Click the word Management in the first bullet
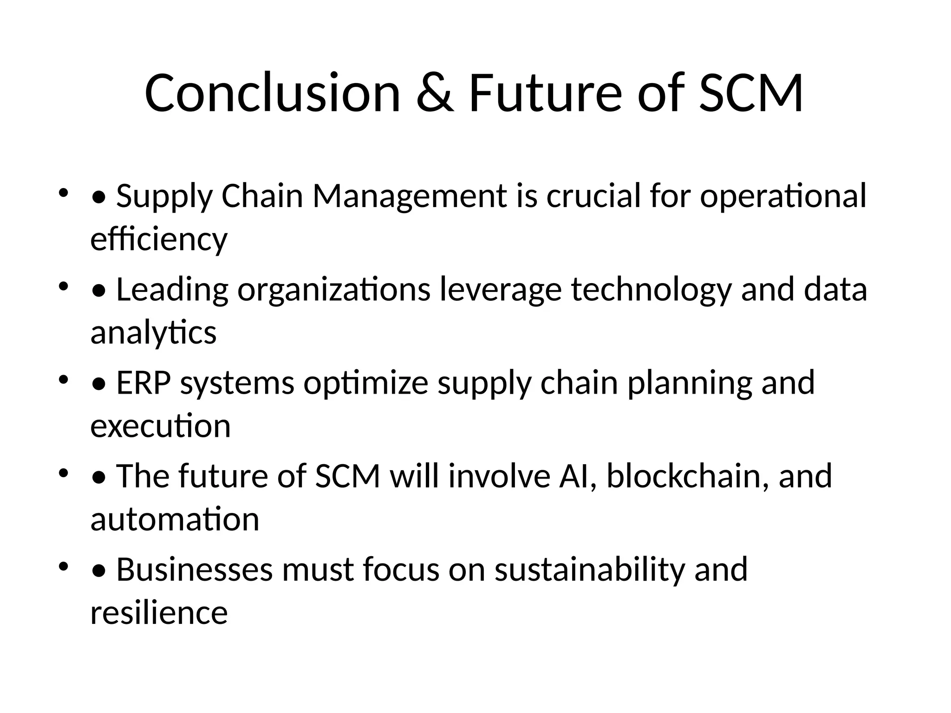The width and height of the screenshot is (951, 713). pos(409,196)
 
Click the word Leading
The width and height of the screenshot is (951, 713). pos(172,290)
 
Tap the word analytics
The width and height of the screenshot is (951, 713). pos(153,333)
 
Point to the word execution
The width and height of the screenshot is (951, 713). pos(160,427)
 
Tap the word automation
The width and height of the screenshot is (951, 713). pos(175,520)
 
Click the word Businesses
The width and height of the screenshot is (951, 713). pos(194,570)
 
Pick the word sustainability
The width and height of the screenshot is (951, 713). pos(589,570)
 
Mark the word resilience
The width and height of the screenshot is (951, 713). pos(159,613)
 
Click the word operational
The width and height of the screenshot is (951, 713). pos(783,196)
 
